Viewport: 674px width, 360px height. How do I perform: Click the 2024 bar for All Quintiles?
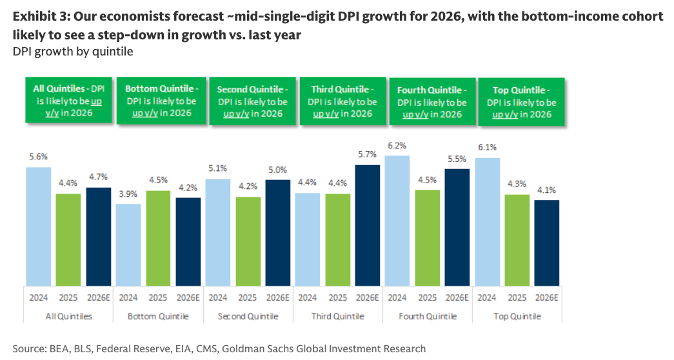pos(38,226)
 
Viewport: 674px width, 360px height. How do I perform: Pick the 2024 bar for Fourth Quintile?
pos(397,220)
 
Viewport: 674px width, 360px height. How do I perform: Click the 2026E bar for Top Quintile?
pos(546,242)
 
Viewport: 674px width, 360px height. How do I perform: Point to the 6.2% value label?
pos(397,146)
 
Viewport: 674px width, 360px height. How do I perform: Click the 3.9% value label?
pos(128,194)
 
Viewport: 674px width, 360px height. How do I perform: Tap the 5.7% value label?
pos(367,155)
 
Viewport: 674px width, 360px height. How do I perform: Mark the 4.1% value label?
pos(546,190)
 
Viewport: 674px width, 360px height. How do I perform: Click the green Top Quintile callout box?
pos(522,102)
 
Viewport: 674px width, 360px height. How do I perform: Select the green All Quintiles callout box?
pos(69,101)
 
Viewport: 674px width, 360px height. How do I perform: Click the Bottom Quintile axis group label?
pos(158,316)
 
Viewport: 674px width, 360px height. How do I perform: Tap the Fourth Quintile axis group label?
pos(427,316)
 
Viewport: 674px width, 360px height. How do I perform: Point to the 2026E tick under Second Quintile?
pos(277,297)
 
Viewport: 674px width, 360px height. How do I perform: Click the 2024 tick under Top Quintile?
pos(487,297)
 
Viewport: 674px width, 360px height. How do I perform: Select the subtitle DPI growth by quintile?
pos(73,52)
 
